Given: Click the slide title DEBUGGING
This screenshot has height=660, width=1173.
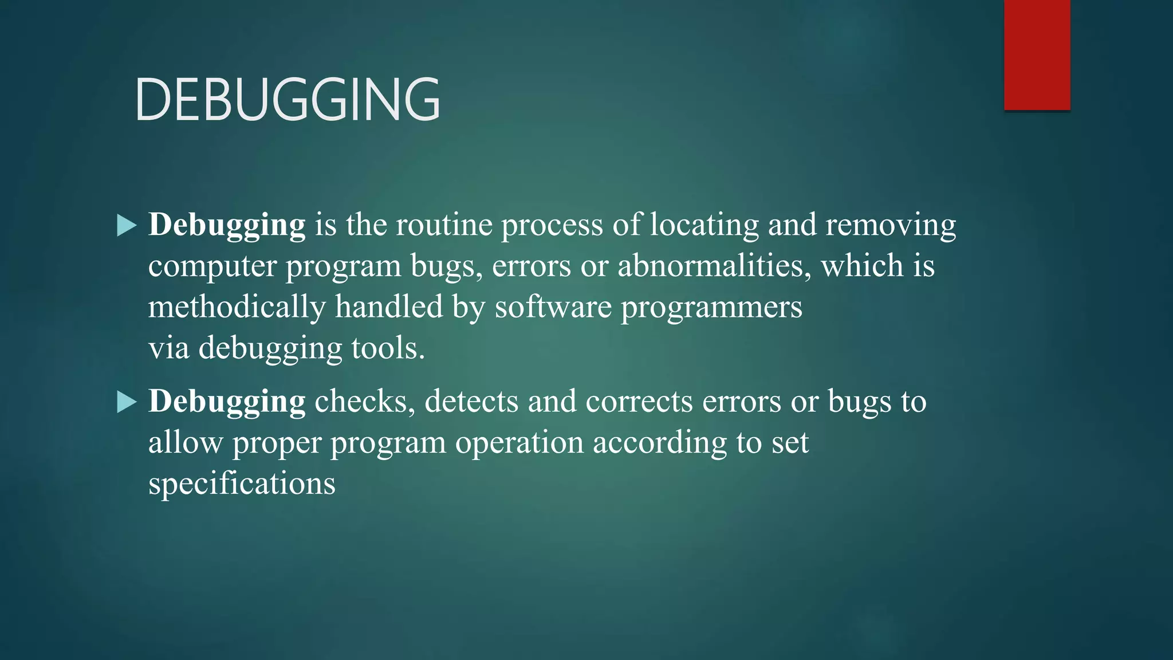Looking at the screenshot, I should pyautogui.click(x=288, y=100).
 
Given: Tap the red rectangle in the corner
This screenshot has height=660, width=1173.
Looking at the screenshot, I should pyautogui.click(x=1037, y=55).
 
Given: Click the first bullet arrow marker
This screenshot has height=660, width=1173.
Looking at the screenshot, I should pyautogui.click(x=127, y=225).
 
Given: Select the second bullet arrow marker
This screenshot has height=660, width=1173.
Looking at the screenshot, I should pyautogui.click(x=127, y=402).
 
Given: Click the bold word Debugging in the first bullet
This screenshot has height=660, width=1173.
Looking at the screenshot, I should pyautogui.click(x=227, y=225).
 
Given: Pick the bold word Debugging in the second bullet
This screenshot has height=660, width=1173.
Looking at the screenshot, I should pyautogui.click(x=227, y=402).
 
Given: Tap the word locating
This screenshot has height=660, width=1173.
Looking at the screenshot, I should pyautogui.click(x=704, y=225).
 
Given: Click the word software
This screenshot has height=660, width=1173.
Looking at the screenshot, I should pyautogui.click(x=553, y=307).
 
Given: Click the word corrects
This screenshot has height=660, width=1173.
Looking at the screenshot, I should pyautogui.click(x=639, y=401).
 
